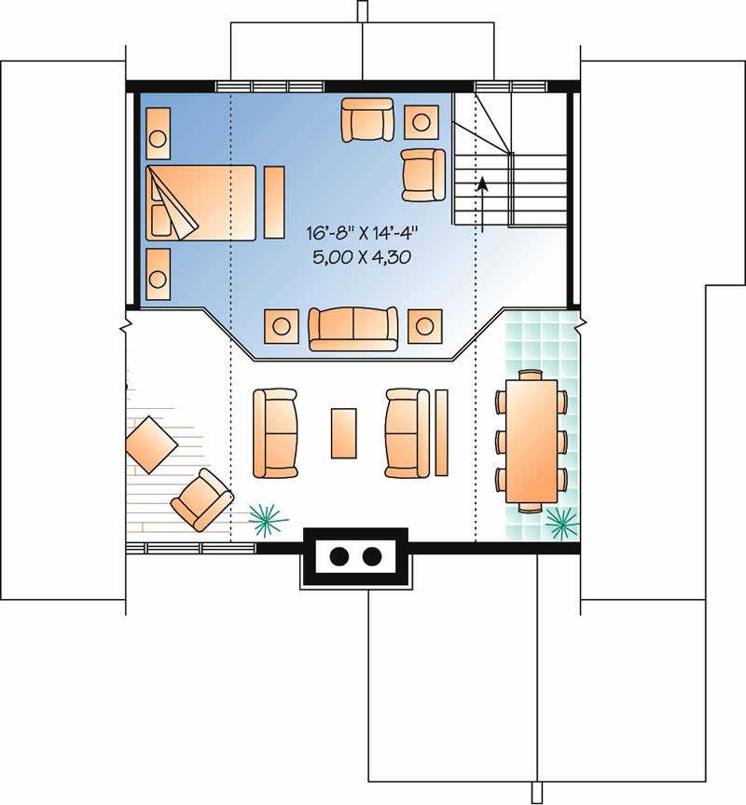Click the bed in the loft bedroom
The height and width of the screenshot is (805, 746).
(200, 203)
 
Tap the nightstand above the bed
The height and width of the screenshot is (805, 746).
(159, 133)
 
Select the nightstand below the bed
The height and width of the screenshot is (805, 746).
(159, 275)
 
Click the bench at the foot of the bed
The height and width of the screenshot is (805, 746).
(274, 202)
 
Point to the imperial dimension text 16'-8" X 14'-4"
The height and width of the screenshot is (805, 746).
(363, 234)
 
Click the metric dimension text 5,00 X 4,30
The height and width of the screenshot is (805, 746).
(362, 257)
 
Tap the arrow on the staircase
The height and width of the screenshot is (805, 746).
(482, 205)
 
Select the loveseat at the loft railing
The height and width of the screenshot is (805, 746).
(353, 329)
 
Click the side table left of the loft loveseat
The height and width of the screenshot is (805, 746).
(281, 326)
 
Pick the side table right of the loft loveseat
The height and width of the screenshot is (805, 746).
(425, 326)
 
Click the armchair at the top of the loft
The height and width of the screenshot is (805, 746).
(367, 119)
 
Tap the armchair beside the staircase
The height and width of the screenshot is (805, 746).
(423, 175)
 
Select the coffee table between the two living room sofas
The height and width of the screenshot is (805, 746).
(344, 433)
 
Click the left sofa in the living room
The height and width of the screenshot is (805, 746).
(275, 433)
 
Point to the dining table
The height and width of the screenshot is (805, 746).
(532, 441)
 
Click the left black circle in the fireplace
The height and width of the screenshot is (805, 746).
(338, 556)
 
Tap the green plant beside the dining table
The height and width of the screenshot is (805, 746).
(561, 524)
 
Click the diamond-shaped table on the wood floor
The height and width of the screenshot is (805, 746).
(151, 444)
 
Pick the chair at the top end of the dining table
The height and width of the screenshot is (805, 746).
(531, 375)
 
